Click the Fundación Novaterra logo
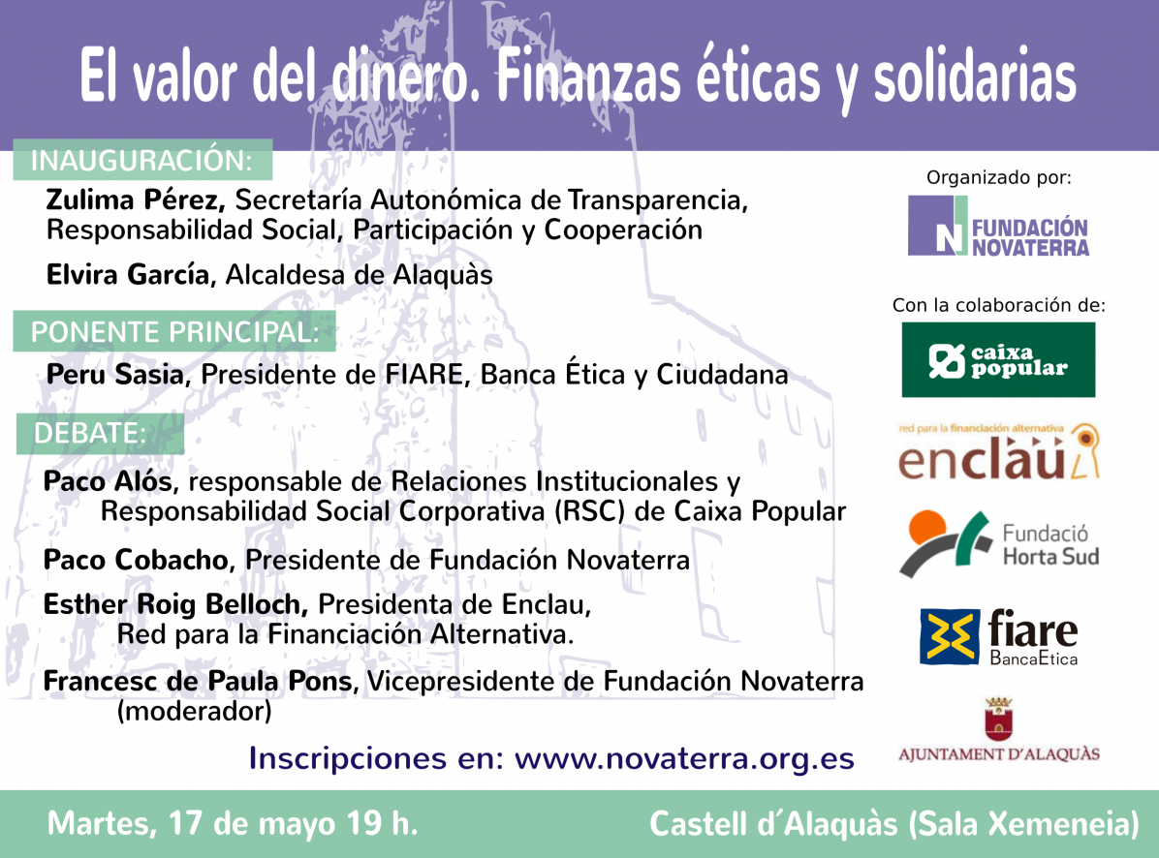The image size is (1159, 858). pyautogui.click(x=998, y=226)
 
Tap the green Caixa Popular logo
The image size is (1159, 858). pyautogui.click(x=998, y=359)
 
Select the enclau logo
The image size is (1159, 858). pyautogui.click(x=998, y=452)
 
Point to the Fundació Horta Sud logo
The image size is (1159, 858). pyautogui.click(x=998, y=544)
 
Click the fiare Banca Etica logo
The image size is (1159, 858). pyautogui.click(x=998, y=637)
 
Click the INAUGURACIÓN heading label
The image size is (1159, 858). pyautogui.click(x=142, y=161)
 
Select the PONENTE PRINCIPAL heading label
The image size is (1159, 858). pyautogui.click(x=175, y=332)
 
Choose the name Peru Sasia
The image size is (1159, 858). pyautogui.click(x=114, y=375)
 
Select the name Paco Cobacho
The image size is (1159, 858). pyautogui.click(x=137, y=559)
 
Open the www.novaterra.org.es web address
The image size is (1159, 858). pyautogui.click(x=683, y=758)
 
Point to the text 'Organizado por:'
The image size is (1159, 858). pyautogui.click(x=999, y=177)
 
